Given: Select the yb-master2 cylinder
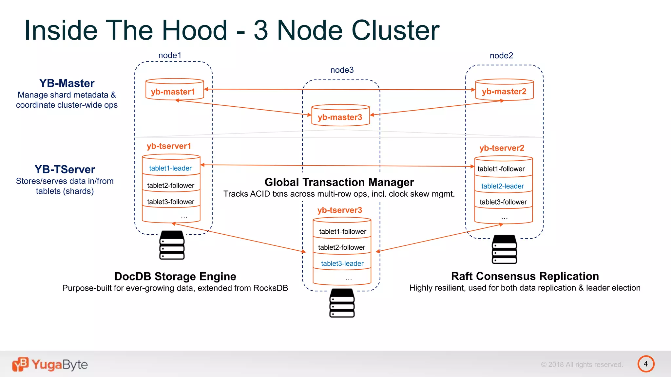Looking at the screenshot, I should coord(504,90).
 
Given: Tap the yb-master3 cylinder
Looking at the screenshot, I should coord(340,116).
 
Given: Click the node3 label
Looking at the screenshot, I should coord(342,70).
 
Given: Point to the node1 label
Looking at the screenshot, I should coord(170,55).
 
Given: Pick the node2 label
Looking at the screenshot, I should coord(501,56).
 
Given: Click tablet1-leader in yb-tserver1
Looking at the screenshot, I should coord(170,168).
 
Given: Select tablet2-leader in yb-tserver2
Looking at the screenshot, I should coord(502,186).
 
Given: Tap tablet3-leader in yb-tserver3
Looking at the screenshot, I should coord(342,263).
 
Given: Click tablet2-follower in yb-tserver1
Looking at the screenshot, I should coord(170,186).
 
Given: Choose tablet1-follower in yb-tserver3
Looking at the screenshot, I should coord(342,232).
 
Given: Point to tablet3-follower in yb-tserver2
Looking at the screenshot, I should coord(503,202).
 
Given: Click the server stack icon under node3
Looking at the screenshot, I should coord(342,303).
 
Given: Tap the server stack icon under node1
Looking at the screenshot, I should coord(172,245).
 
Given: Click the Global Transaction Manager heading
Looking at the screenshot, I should coord(339,182).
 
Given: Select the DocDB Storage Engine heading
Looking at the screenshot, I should coord(175,277).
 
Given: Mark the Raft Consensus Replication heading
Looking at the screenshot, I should coord(525,276).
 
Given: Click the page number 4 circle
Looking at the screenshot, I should coord(645,364).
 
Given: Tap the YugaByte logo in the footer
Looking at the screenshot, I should coord(50,364).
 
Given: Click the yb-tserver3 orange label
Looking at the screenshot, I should coord(339,210).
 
